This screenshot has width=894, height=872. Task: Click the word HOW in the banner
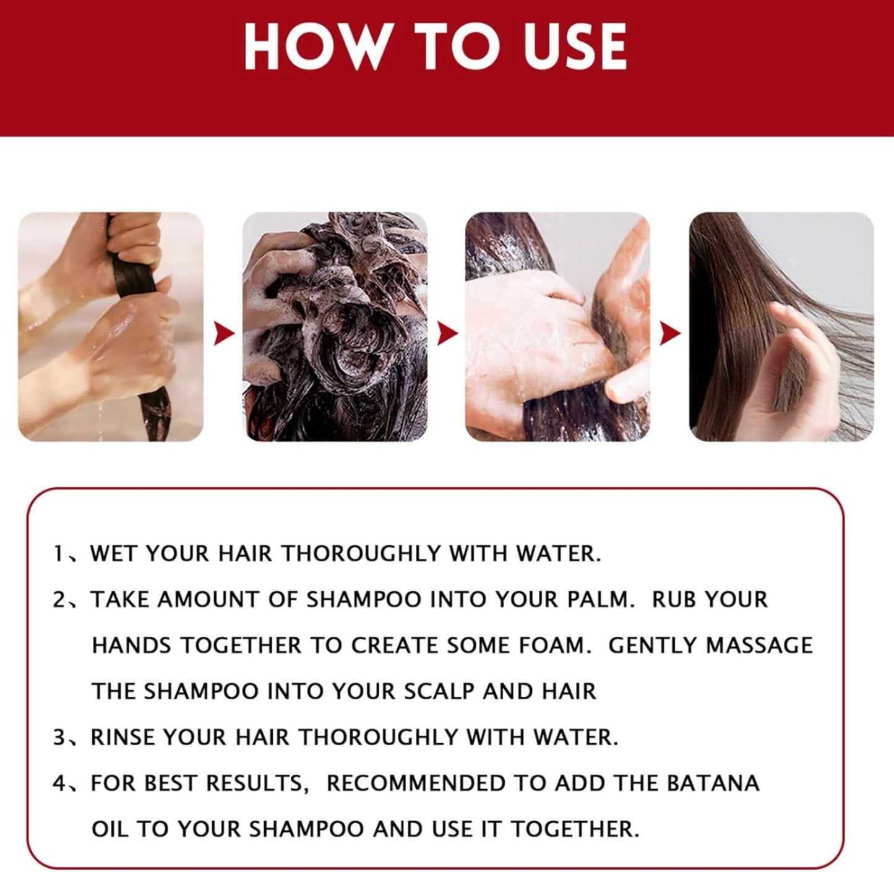point(314,47)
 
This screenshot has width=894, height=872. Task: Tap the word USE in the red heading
point(575,47)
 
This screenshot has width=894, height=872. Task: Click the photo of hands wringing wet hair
point(111,326)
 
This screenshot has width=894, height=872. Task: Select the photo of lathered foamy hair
point(334,326)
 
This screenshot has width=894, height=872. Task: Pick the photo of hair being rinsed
point(557,326)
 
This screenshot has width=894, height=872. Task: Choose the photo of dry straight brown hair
point(781,326)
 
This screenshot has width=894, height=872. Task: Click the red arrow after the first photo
point(223,334)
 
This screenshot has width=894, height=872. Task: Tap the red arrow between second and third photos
point(447,334)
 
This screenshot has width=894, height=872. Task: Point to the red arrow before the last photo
point(670,334)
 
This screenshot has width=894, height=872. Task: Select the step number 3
point(59,737)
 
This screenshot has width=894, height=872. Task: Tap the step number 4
point(59,784)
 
